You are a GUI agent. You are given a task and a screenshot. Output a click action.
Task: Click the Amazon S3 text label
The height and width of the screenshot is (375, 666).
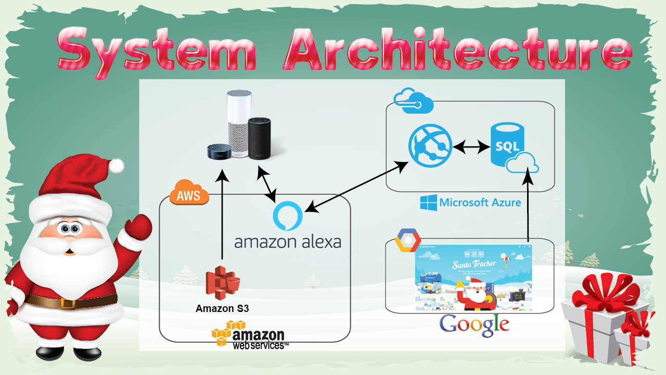[x=222, y=308]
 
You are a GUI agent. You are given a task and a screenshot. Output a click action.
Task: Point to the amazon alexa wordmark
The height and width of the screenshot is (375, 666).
[x=287, y=242]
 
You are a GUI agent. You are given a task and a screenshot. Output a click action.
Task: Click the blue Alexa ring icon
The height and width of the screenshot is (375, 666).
[x=287, y=215]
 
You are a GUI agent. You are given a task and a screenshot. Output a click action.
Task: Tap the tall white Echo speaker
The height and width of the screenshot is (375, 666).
[x=239, y=123]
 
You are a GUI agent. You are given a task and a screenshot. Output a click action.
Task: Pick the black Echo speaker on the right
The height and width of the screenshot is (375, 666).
[x=260, y=138]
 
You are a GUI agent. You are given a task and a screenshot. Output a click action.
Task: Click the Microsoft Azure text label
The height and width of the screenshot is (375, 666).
[x=480, y=202]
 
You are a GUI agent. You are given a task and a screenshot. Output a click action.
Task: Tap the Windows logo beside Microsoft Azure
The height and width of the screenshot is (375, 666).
[x=428, y=202]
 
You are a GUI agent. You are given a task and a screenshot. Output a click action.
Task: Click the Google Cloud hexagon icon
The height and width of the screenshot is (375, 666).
[x=408, y=240]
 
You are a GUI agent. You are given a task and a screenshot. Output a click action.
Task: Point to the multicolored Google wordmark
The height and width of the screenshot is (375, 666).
[x=474, y=324]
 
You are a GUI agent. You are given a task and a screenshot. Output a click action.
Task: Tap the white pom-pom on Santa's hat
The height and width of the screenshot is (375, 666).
[x=117, y=166]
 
